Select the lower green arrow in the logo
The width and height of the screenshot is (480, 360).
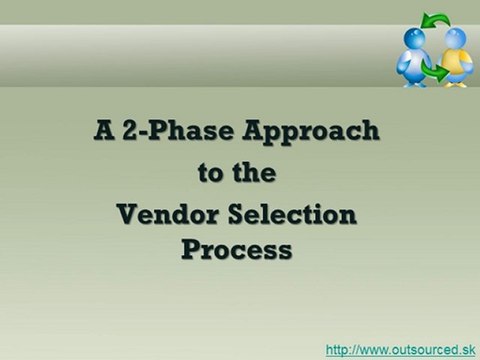(438, 72)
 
